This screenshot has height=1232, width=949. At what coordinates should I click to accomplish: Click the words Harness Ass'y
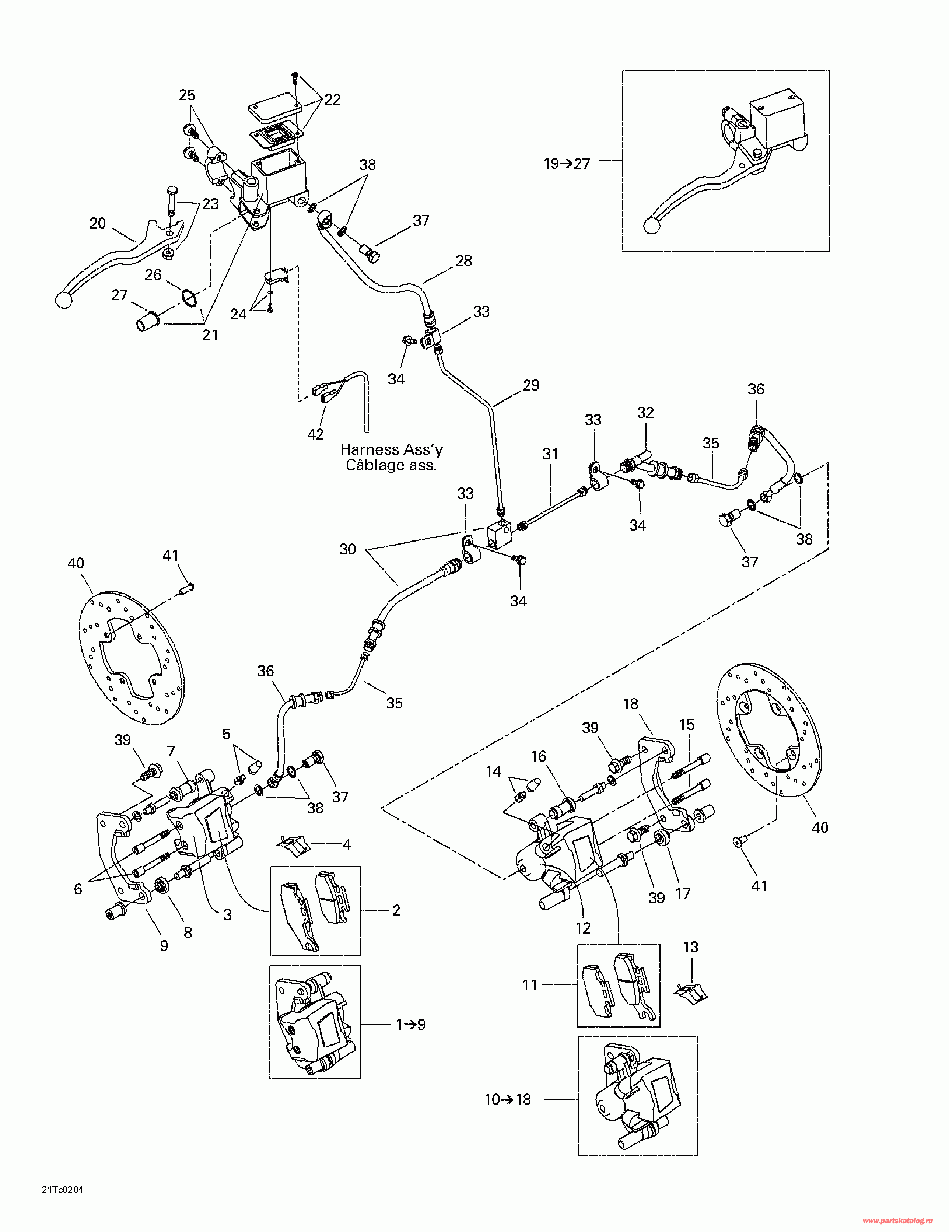click(x=392, y=449)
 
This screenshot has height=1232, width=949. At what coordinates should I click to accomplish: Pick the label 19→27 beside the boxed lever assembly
click(x=567, y=164)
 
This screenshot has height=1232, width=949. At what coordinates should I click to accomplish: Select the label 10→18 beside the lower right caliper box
click(x=508, y=1099)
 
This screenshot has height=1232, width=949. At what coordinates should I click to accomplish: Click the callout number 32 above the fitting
click(x=645, y=412)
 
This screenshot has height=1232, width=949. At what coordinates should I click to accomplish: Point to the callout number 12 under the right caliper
click(x=583, y=928)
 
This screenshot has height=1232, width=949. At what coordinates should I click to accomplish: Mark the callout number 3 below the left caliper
click(x=227, y=914)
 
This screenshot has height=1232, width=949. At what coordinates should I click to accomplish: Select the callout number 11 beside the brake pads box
click(x=530, y=985)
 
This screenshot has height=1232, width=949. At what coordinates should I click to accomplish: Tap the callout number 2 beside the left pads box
click(x=396, y=910)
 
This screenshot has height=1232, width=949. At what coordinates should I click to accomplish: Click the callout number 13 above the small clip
click(x=691, y=947)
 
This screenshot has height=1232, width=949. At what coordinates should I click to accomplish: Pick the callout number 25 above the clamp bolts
click(x=187, y=95)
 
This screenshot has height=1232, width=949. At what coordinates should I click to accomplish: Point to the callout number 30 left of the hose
click(x=347, y=549)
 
